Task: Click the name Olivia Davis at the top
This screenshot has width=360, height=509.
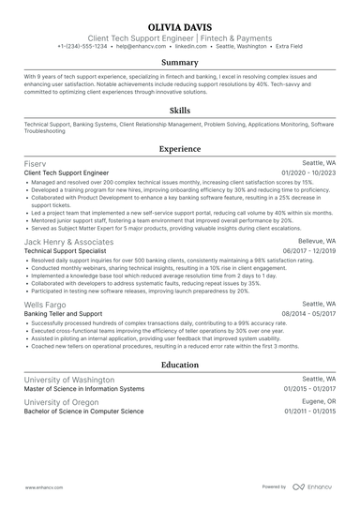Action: [180, 26]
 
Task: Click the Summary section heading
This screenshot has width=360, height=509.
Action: [180, 63]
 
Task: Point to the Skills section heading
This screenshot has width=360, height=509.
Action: [180, 109]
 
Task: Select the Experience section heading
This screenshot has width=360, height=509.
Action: [180, 148]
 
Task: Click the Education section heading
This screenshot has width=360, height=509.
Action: [180, 365]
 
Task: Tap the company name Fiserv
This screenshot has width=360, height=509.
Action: [34, 163]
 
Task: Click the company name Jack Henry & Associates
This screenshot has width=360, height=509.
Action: [68, 241]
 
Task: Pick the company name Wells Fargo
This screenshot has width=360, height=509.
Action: [44, 305]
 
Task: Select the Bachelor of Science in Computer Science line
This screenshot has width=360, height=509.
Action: [83, 412]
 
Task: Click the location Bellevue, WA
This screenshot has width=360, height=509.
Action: [316, 241]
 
